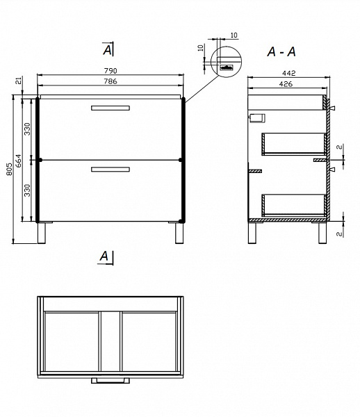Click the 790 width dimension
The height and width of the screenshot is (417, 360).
[x=111, y=71]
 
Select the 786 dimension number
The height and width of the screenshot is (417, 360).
[x=111, y=81]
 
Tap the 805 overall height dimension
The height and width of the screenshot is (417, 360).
[x=9, y=169]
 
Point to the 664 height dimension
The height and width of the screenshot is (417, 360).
[x=19, y=161]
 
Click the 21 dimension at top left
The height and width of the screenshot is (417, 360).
[x=18, y=81]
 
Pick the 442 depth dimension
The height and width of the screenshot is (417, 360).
[x=288, y=73]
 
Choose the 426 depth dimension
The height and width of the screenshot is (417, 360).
[x=286, y=84]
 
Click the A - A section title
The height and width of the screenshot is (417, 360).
[x=281, y=51]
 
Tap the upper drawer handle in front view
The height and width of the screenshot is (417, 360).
[x=111, y=108]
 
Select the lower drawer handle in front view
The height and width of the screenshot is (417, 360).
[x=111, y=170]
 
